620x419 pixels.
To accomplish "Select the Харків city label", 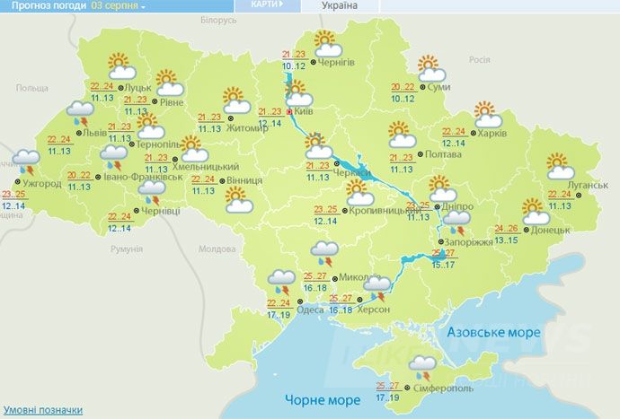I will tap(492, 134).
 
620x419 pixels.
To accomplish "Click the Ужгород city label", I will tap(43, 184).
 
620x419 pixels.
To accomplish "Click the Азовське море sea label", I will tap(493, 332).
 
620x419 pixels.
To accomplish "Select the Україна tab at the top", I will tap(340, 5).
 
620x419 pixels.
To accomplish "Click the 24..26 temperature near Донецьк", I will tap(507, 229).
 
